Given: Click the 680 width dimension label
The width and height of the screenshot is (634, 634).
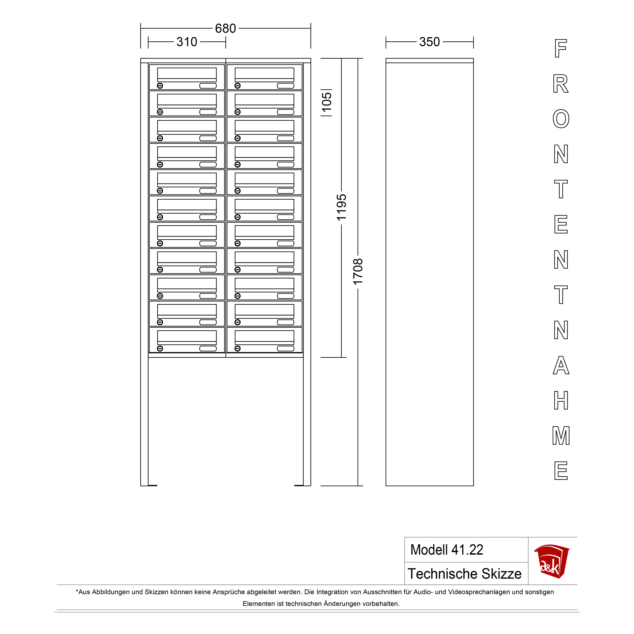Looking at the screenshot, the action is [x=225, y=29].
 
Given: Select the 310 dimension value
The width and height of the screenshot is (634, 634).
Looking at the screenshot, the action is [x=187, y=42].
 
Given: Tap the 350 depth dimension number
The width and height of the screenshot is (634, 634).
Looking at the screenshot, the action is [x=430, y=42].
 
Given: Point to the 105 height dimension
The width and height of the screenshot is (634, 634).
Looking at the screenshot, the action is [x=327, y=103].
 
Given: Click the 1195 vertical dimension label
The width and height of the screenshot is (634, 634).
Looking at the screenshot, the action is [x=341, y=207].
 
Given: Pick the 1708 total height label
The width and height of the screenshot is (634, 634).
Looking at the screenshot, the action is [x=358, y=272].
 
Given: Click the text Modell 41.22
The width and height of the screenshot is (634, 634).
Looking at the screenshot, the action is [x=447, y=550].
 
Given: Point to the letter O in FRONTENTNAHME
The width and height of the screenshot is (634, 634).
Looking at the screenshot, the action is [x=561, y=119].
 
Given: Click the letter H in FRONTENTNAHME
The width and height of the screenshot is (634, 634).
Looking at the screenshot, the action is [x=561, y=400].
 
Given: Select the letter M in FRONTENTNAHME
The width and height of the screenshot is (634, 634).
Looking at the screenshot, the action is [x=561, y=436].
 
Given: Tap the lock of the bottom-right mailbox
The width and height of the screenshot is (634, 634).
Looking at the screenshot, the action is [x=238, y=349].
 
